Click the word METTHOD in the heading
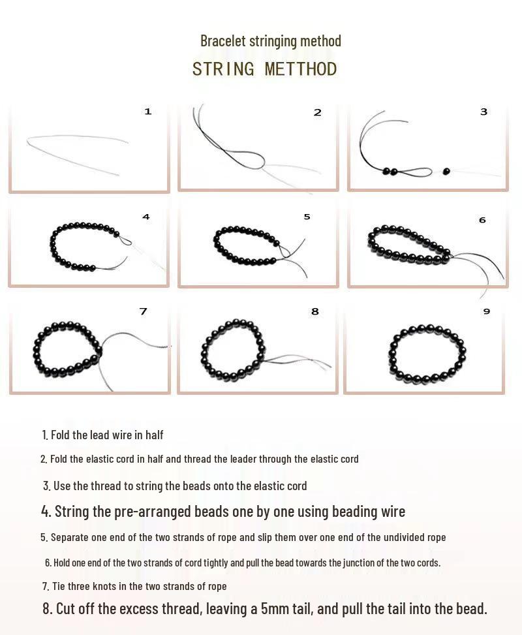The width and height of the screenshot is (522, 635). (301, 69)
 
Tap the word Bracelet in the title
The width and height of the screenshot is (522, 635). (223, 41)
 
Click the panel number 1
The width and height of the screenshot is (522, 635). (148, 112)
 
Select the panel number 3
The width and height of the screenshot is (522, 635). (484, 112)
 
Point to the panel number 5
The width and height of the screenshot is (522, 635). (307, 217)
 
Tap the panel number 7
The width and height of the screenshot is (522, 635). (143, 311)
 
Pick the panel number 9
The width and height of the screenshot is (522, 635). (486, 311)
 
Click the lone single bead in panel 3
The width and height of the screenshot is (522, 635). (446, 172)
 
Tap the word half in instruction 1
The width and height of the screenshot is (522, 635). (154, 435)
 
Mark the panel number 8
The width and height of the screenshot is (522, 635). (315, 311)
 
